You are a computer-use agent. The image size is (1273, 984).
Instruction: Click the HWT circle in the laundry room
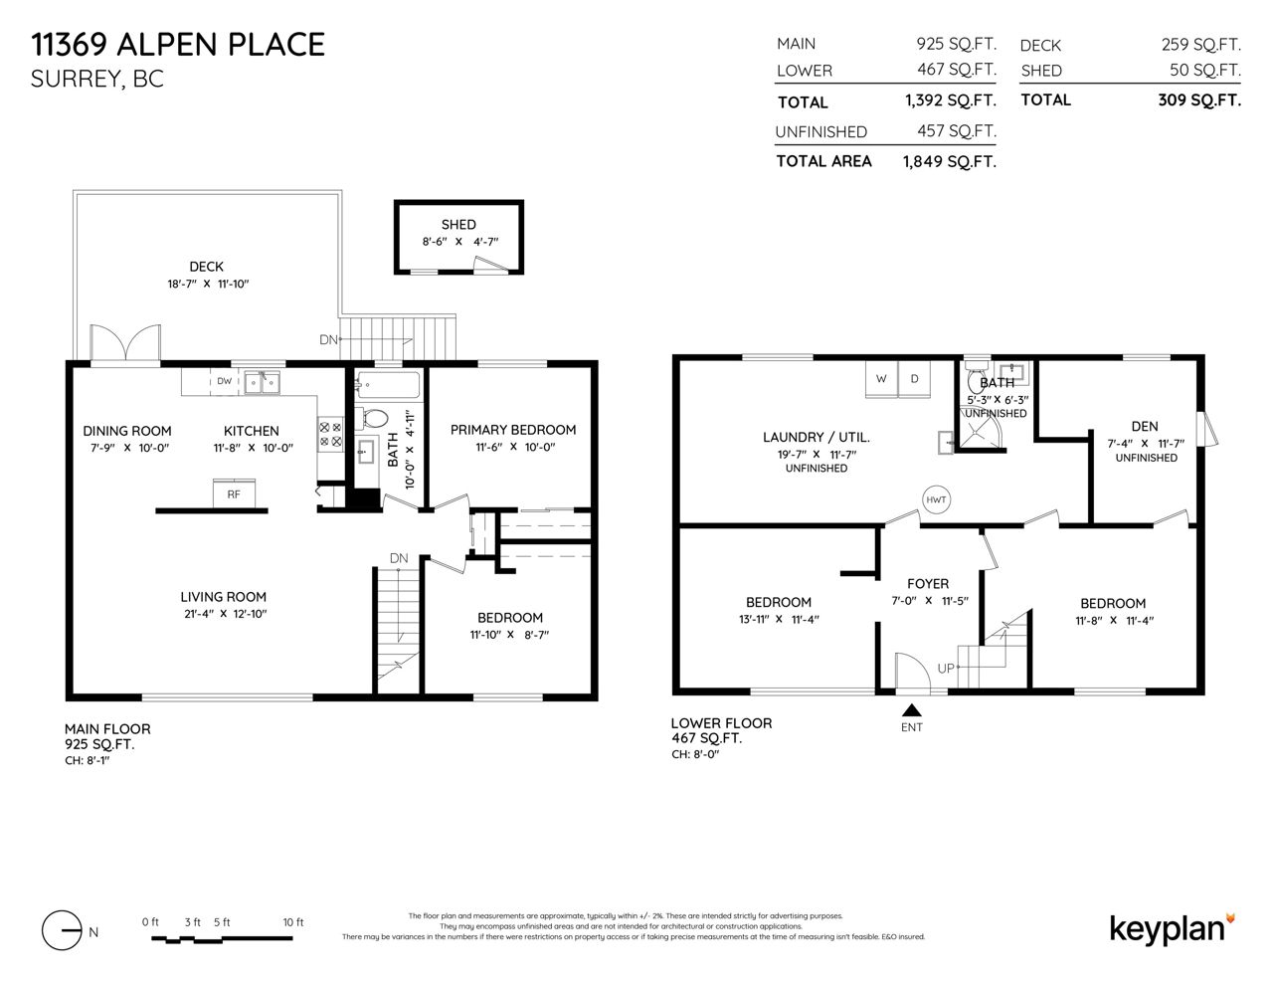(936, 499)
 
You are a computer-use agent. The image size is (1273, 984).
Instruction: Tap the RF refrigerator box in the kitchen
(234, 494)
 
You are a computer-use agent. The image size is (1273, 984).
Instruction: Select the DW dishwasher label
(225, 381)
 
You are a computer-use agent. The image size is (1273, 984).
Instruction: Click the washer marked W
(881, 379)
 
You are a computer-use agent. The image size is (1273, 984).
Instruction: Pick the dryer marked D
(914, 379)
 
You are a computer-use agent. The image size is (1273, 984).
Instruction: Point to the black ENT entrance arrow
(912, 710)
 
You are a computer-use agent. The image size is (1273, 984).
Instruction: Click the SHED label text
(458, 225)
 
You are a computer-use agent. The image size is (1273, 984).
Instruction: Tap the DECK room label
(206, 267)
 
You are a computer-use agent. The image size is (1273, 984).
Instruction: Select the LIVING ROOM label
(223, 597)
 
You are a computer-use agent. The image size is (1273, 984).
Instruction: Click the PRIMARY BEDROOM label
(513, 430)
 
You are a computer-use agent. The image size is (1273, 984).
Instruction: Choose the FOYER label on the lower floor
(928, 584)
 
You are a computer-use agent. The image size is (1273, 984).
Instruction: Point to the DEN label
(1145, 426)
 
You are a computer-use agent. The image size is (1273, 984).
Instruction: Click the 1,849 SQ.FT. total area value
(950, 161)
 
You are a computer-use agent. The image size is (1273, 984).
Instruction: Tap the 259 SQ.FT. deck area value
(1201, 44)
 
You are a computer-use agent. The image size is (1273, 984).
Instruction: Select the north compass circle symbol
(62, 930)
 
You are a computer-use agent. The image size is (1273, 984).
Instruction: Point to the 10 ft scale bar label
(293, 922)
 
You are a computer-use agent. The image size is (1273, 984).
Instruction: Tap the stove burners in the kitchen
(330, 434)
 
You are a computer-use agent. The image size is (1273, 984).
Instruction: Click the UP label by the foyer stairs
(946, 669)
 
